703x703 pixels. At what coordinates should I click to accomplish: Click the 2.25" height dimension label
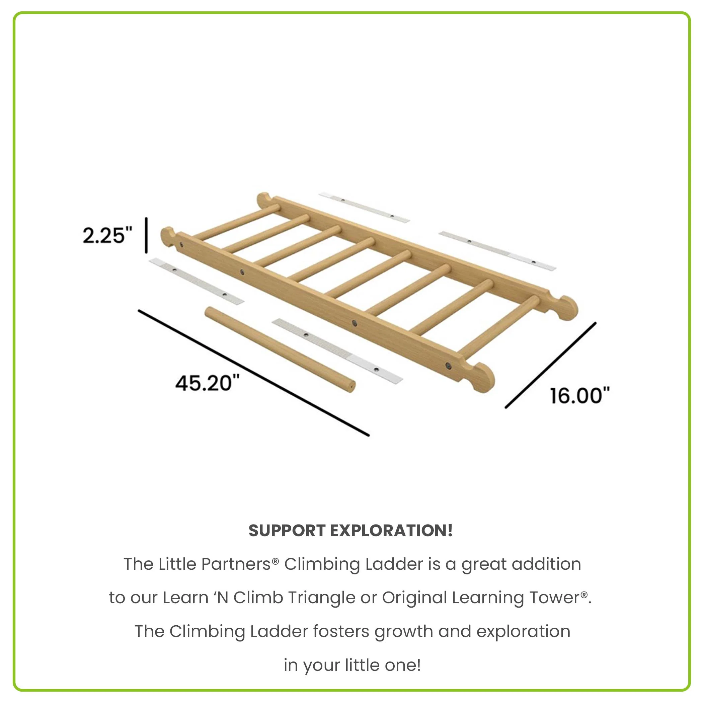(107, 235)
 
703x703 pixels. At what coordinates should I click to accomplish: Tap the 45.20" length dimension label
(208, 383)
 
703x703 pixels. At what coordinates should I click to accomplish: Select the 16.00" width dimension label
(579, 396)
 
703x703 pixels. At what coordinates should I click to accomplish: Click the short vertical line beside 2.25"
(146, 235)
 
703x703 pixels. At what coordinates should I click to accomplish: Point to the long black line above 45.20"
(254, 373)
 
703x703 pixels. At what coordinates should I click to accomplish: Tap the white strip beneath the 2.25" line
(197, 281)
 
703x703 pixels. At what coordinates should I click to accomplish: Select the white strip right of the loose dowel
(337, 351)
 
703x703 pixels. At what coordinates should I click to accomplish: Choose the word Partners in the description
(236, 564)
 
